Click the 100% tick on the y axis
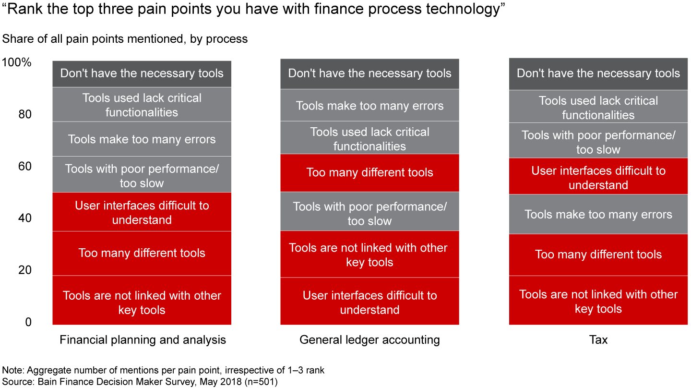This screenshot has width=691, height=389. tap(17, 63)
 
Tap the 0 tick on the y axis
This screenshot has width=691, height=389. tap(28, 322)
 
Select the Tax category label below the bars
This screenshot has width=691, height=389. tap(598, 340)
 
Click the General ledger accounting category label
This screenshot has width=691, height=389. tap(369, 340)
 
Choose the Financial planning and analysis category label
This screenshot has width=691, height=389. tap(142, 340)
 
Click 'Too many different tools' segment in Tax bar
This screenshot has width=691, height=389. tap(598, 255)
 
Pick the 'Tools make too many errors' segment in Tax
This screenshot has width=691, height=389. tap(598, 214)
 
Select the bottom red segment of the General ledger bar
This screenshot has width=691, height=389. tap(369, 302)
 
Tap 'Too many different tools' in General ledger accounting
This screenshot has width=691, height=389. tap(369, 172)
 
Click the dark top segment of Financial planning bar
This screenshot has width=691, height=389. tap(142, 73)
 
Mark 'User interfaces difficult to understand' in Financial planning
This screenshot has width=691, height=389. tap(142, 212)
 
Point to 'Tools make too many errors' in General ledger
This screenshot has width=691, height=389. tap(369, 106)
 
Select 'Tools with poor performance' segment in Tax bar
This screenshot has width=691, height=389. tap(598, 142)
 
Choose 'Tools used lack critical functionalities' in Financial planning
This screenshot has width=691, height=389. tap(142, 105)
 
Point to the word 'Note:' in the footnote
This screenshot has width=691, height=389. tap(13, 370)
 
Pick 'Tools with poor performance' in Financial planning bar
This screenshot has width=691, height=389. tap(142, 176)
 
